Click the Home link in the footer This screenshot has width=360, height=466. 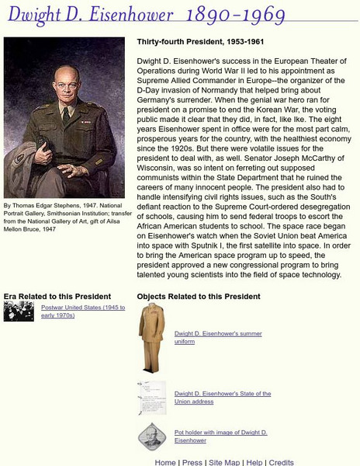tap(165, 462)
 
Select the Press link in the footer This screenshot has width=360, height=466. tap(192, 462)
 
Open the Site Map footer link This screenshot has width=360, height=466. tap(224, 462)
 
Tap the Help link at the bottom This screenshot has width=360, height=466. tap(254, 462)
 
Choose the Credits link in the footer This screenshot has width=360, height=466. tap(281, 462)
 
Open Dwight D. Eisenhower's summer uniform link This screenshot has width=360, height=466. tap(218, 337)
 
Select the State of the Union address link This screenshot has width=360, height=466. tap(223, 398)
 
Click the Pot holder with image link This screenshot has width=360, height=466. tap(221, 436)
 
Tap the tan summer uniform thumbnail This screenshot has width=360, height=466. tap(151, 338)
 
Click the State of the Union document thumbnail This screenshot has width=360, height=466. tap(151, 398)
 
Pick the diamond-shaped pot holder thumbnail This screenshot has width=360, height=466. tap(151, 436)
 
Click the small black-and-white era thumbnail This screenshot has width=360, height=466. tap(19, 311)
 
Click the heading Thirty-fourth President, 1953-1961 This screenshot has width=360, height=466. tap(201, 42)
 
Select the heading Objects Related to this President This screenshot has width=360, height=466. tap(199, 296)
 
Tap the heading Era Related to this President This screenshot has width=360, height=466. tap(57, 296)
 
